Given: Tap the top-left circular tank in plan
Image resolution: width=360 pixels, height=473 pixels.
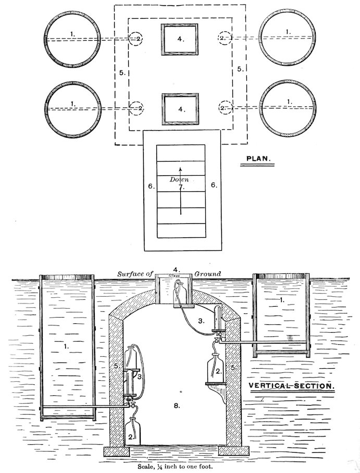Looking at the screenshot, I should pos(72,39).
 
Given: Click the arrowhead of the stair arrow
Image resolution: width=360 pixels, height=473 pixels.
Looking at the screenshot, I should pos(180,168).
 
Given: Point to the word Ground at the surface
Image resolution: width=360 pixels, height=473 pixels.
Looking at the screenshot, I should pos(208,274).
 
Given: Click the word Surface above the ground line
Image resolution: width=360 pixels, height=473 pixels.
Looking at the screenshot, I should pos(128,274).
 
